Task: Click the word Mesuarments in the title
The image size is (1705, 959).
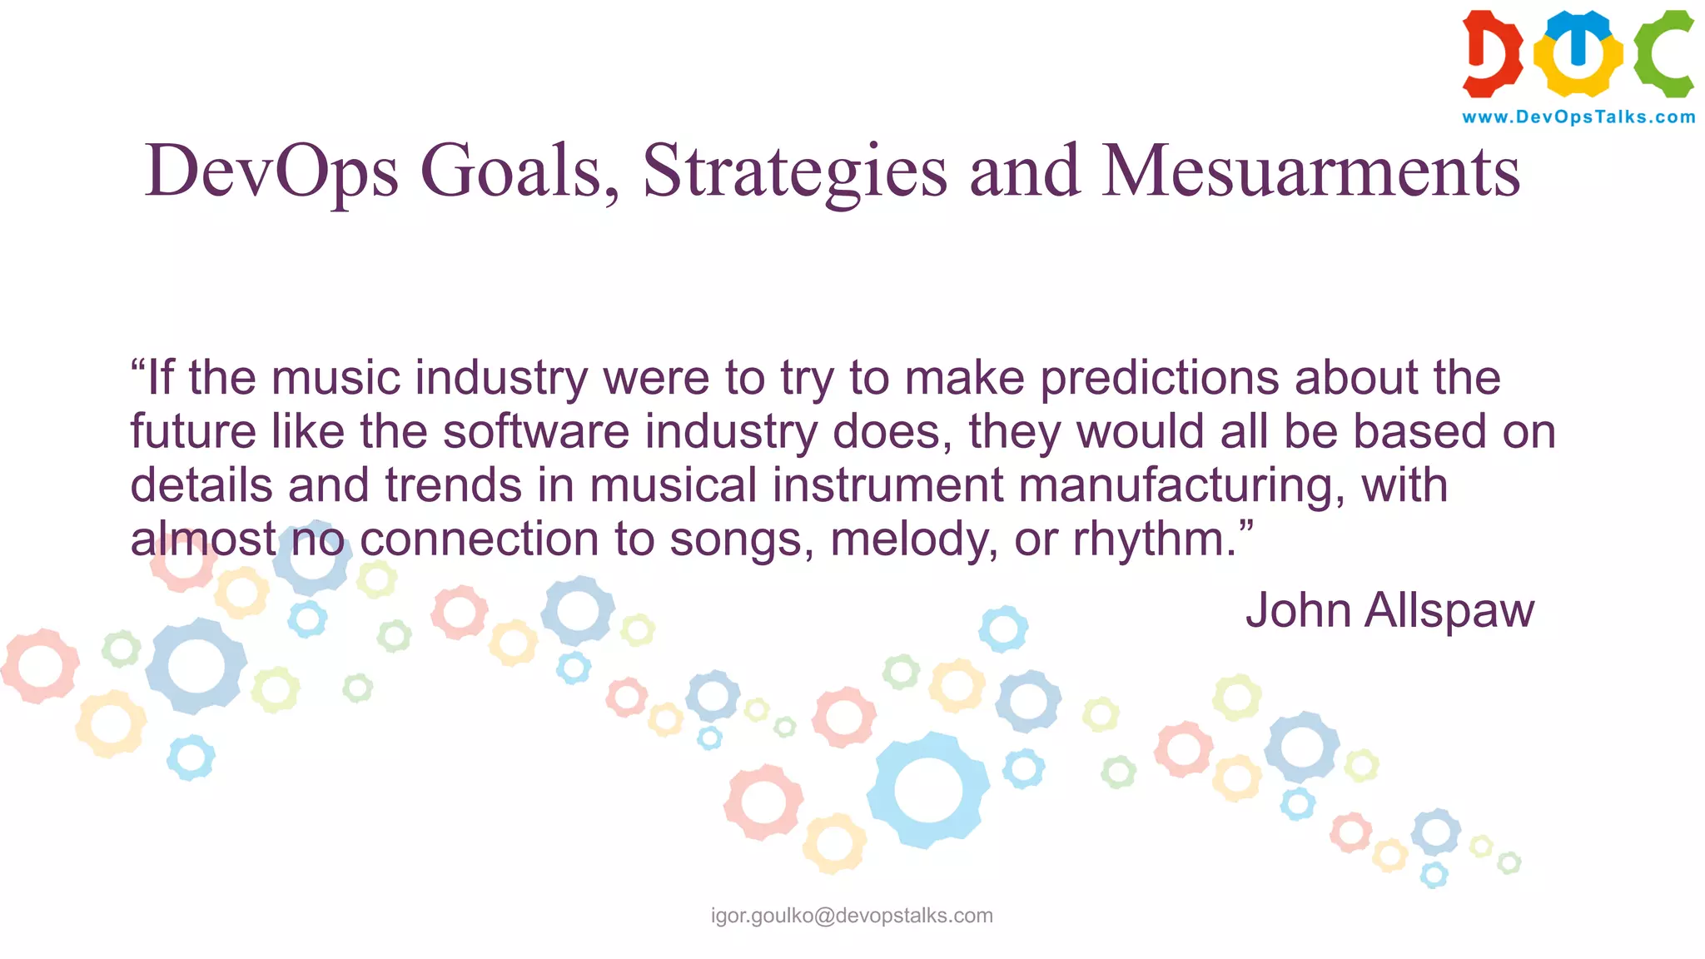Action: [1311, 171]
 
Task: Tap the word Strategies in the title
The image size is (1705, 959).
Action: [794, 171]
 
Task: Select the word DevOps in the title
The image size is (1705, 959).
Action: [271, 171]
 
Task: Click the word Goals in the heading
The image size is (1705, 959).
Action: [519, 171]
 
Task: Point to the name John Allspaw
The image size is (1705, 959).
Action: [1389, 610]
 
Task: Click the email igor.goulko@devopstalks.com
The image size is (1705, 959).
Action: [852, 916]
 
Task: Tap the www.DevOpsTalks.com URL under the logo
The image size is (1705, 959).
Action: [1578, 117]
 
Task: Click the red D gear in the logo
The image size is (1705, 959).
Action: [1492, 53]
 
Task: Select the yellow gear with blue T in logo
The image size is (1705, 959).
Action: [1578, 53]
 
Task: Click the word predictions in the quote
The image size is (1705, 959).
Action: [1159, 379]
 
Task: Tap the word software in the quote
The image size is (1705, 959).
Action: [536, 432]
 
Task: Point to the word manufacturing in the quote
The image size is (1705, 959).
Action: [1181, 485]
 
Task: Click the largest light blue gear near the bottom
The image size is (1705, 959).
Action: [927, 789]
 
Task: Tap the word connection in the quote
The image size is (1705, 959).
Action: [479, 539]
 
